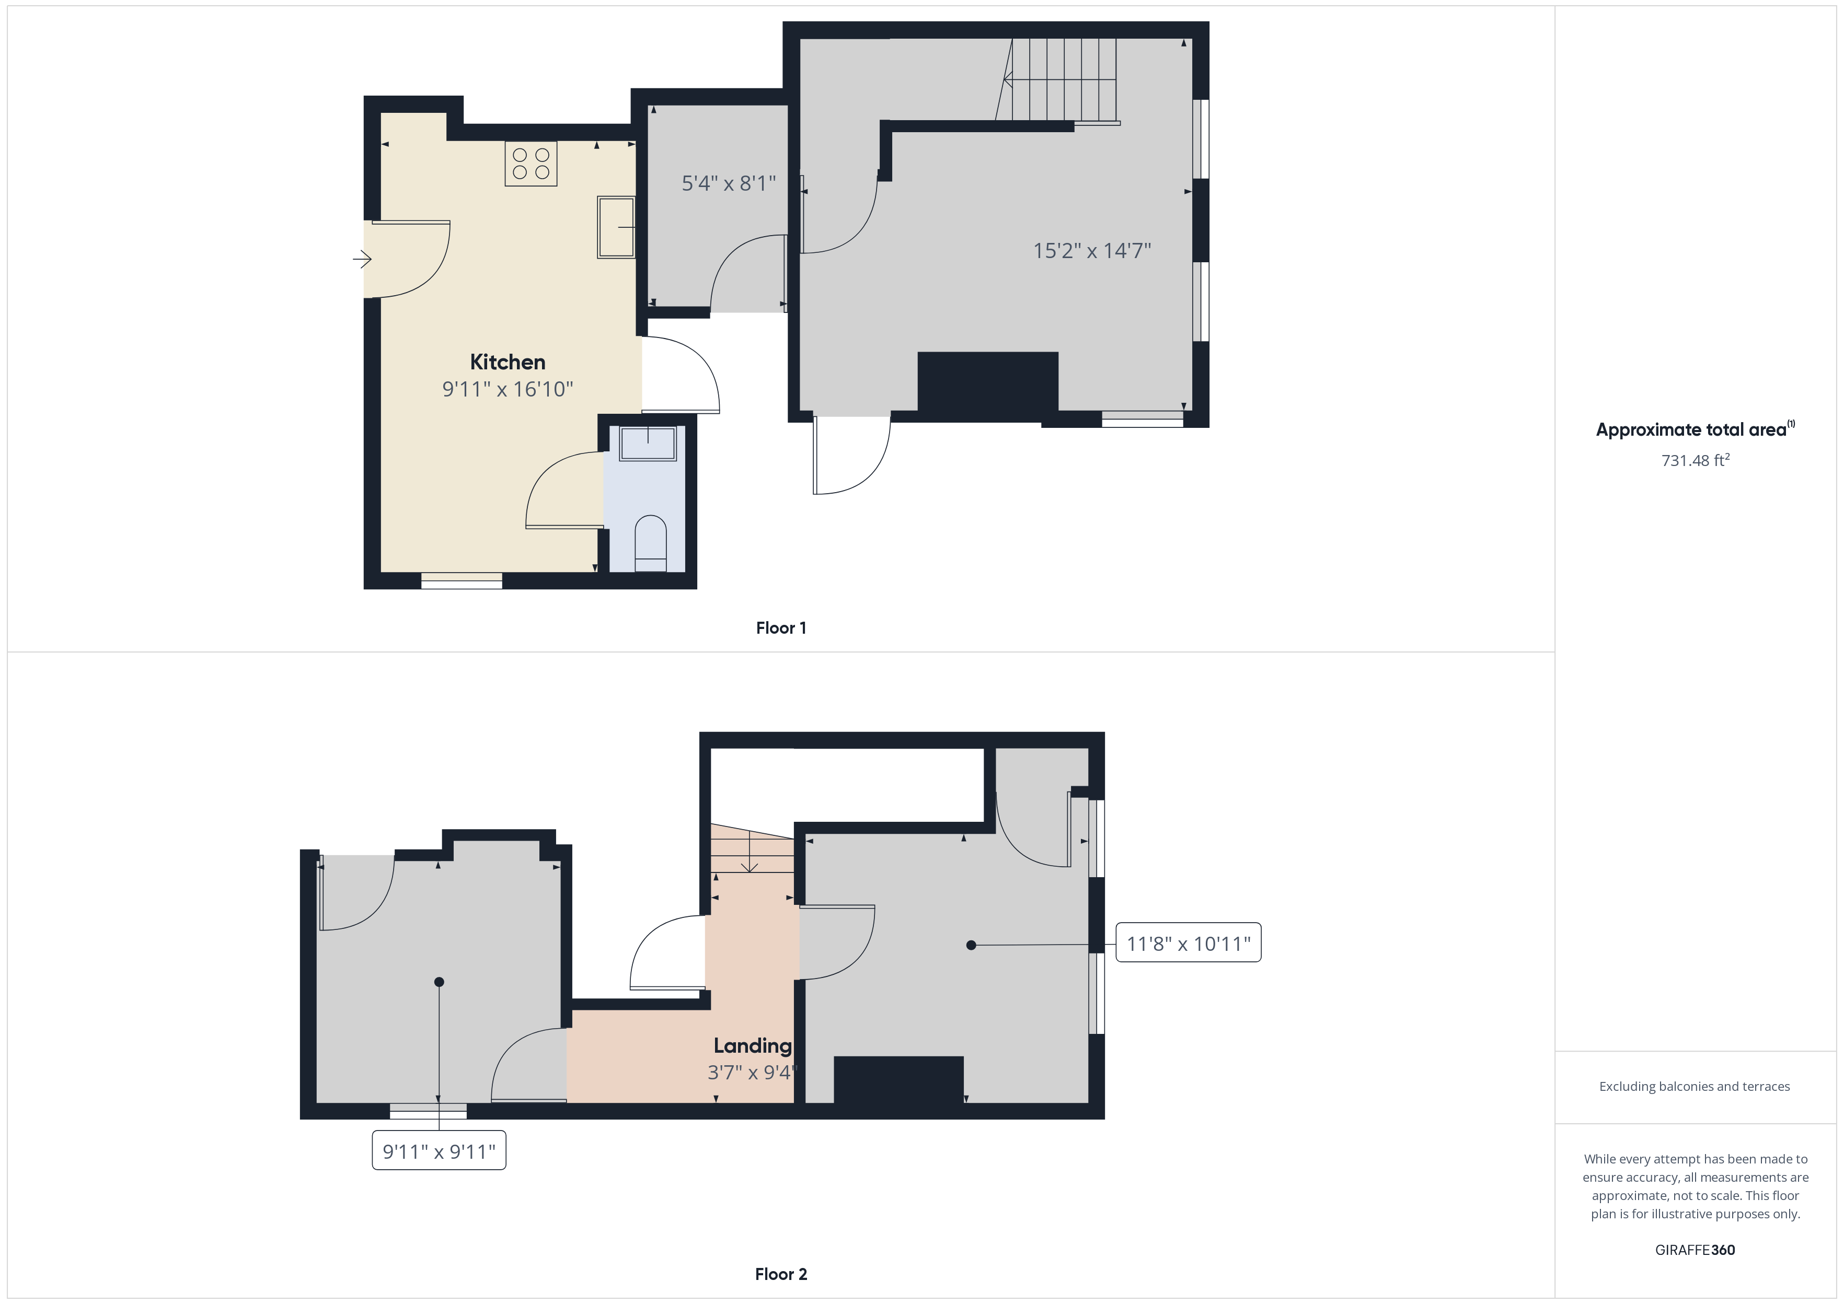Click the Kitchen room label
click(x=507, y=362)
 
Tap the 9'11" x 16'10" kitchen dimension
click(x=508, y=389)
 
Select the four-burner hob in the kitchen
click(x=531, y=164)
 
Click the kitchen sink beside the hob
click(x=616, y=227)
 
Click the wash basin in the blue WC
click(x=647, y=443)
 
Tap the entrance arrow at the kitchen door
click(x=362, y=259)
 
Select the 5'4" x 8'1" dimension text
click(x=729, y=184)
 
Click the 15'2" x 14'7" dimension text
click(x=1091, y=251)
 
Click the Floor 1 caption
click(x=781, y=628)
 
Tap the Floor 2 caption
click(x=781, y=1274)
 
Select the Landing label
click(x=753, y=1045)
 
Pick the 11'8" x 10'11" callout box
click(x=1189, y=944)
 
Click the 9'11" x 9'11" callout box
click(x=439, y=1151)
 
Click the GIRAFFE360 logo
click(x=1695, y=1250)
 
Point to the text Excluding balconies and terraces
click(x=1695, y=1086)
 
